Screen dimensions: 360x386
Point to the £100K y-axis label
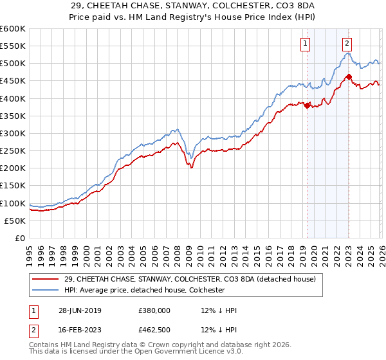pyautogui.click(x=13, y=203)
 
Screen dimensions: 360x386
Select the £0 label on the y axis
pyautogui.click(x=21, y=238)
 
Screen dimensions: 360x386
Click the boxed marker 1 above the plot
pyautogui.click(x=304, y=44)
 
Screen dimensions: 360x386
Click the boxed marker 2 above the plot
pyautogui.click(x=347, y=44)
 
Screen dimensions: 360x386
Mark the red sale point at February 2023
pyautogui.click(x=349, y=76)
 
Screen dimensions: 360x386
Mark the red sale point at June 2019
pyautogui.click(x=308, y=105)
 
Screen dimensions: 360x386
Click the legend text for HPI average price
pyautogui.click(x=144, y=291)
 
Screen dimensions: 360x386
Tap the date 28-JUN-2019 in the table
pyautogui.click(x=79, y=310)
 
